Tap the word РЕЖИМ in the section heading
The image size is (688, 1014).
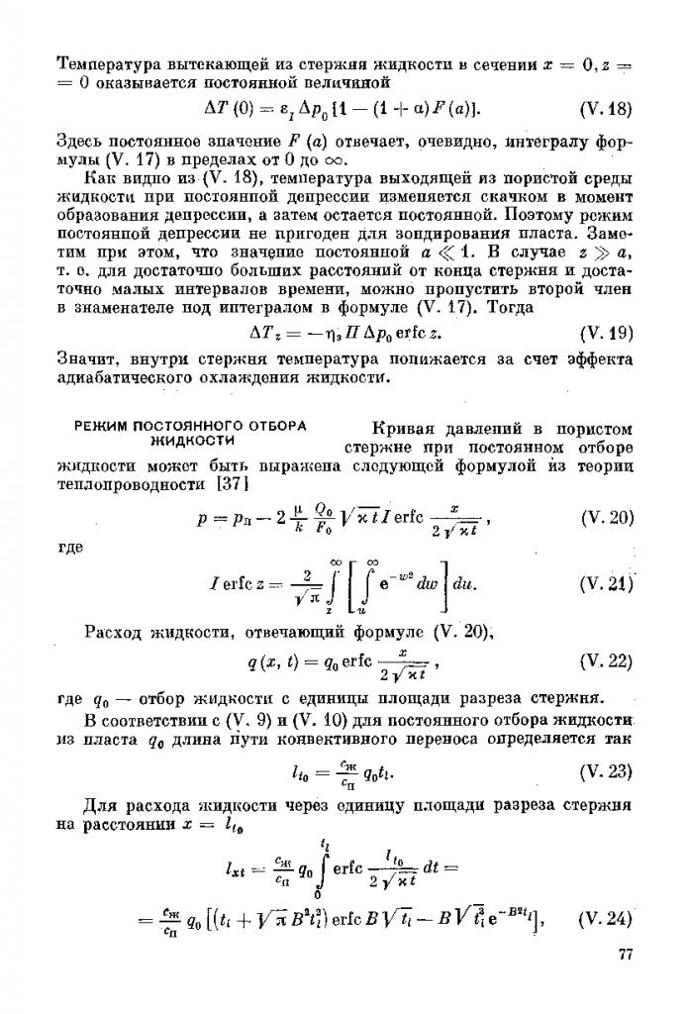tap(103, 427)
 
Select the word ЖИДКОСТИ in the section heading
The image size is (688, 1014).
tap(191, 440)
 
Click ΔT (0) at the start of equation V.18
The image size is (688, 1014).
tap(225, 106)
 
